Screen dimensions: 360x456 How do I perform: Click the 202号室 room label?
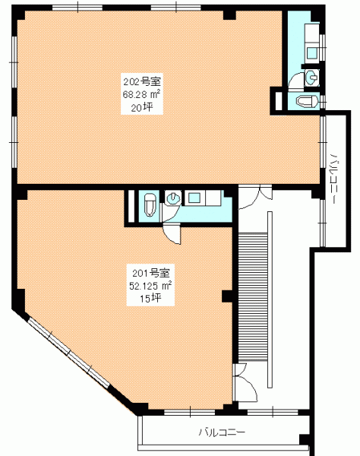142,82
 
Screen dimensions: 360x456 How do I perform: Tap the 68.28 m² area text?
142,94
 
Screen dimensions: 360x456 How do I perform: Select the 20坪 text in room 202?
142,108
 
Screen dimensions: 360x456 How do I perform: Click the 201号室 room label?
151,273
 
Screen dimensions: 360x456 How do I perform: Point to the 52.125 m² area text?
150,286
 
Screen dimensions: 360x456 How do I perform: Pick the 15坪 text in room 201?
150,299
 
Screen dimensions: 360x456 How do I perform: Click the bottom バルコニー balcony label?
222,432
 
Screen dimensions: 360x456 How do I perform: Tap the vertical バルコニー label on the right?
335,178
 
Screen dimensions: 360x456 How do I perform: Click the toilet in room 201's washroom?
150,204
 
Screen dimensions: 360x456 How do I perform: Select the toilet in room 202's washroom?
308,102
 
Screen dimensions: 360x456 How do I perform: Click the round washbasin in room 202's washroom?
312,77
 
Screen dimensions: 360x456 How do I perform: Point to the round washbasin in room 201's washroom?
172,198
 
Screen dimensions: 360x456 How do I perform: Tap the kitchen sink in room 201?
193,198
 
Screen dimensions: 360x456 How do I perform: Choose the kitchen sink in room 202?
312,52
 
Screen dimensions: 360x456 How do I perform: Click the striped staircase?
253,297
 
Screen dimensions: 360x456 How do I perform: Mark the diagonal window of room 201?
68,353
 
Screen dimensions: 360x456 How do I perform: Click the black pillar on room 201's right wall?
227,296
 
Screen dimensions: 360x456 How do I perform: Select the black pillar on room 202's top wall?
229,15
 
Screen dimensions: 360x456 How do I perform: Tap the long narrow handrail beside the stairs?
270,299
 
